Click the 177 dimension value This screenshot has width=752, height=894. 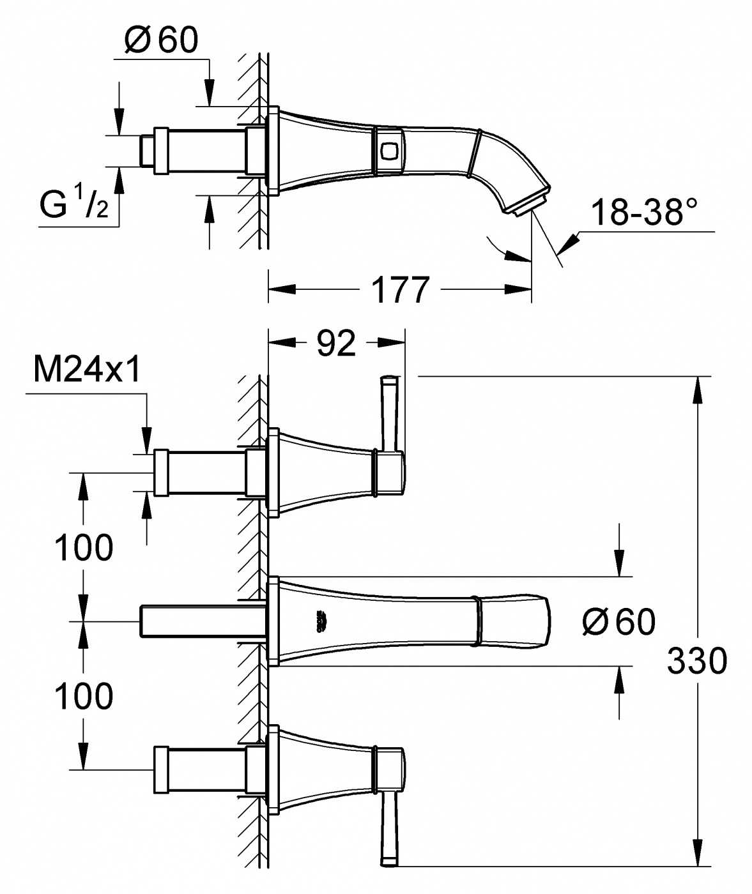click(400, 290)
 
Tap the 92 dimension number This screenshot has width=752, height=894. click(336, 343)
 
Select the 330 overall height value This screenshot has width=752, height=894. click(697, 661)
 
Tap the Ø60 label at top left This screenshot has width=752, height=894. click(161, 40)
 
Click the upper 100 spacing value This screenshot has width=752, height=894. click(84, 547)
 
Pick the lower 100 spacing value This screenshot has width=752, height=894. click(84, 696)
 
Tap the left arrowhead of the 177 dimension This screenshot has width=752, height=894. click(282, 289)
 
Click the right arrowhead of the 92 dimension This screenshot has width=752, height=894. click(392, 342)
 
